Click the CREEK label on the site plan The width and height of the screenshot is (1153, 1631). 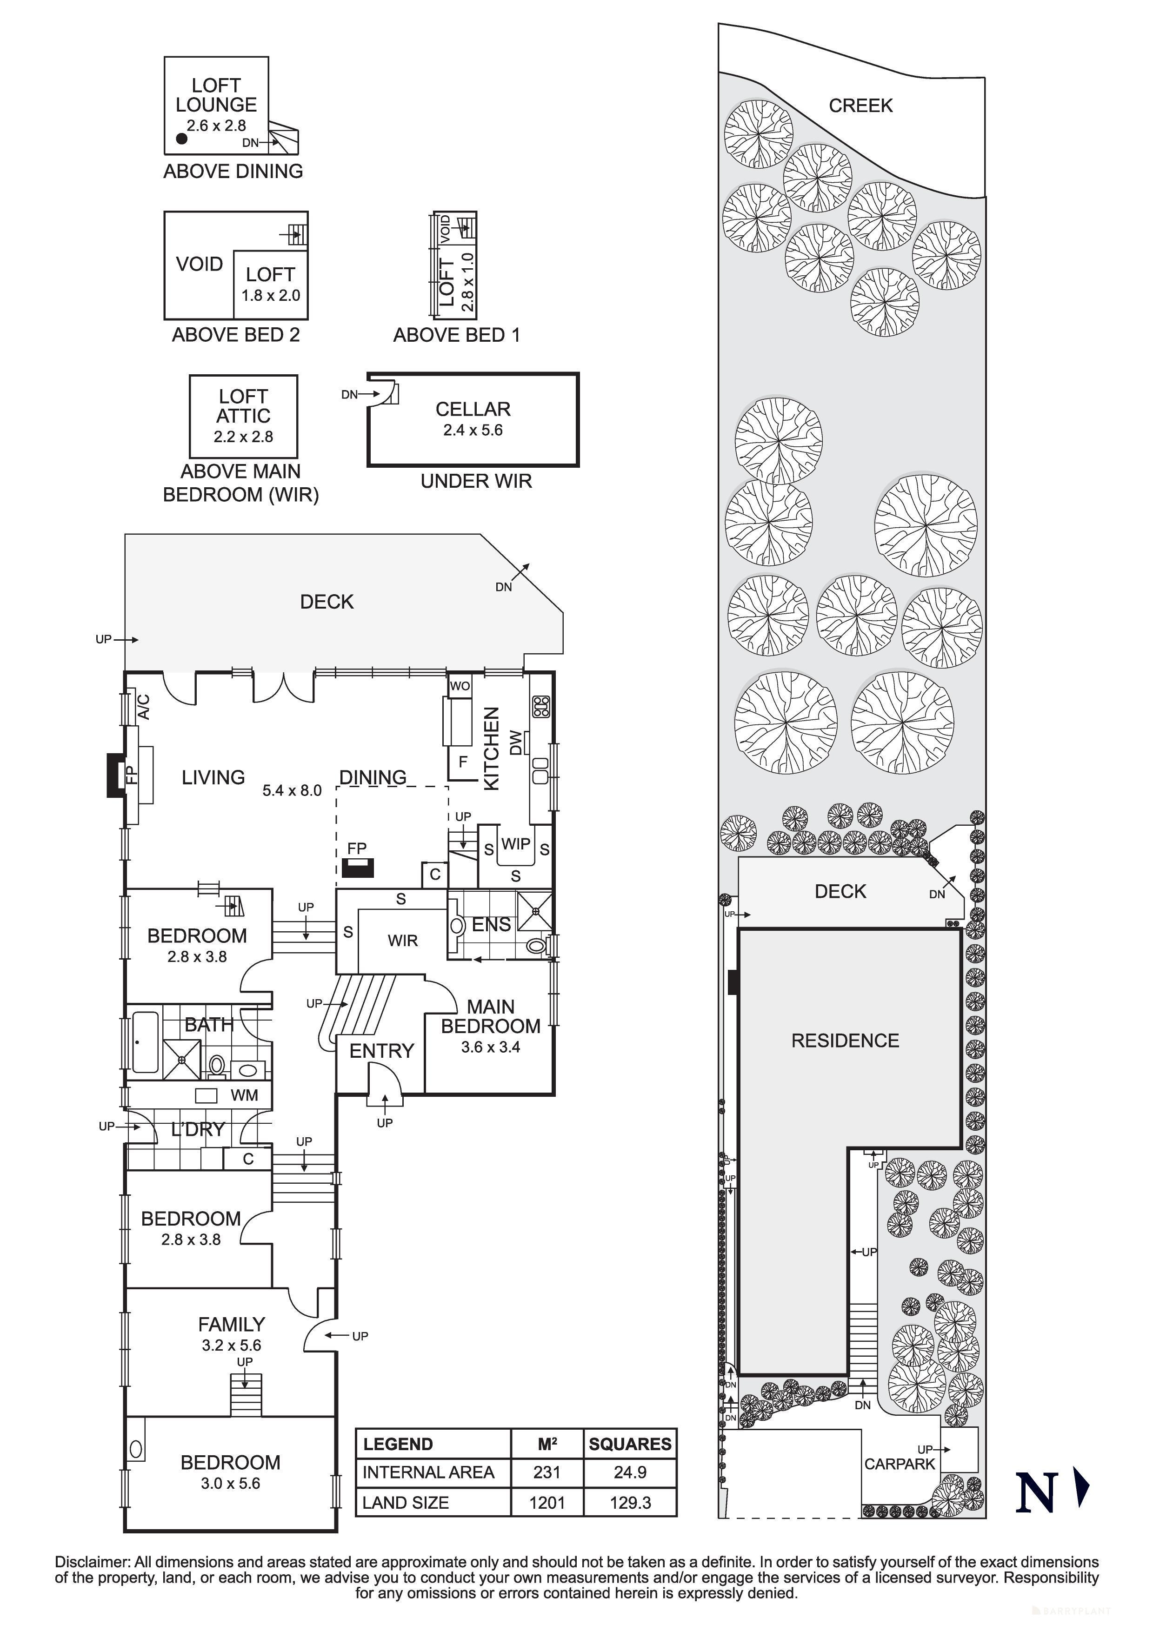click(860, 106)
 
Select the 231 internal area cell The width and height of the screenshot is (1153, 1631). click(547, 1472)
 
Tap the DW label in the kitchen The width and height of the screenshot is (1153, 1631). click(516, 743)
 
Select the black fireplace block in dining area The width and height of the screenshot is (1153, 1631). click(357, 868)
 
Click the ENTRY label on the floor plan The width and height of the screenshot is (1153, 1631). click(381, 1051)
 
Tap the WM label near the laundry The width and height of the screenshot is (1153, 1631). click(244, 1095)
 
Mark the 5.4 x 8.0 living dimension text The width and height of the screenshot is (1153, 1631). click(292, 791)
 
